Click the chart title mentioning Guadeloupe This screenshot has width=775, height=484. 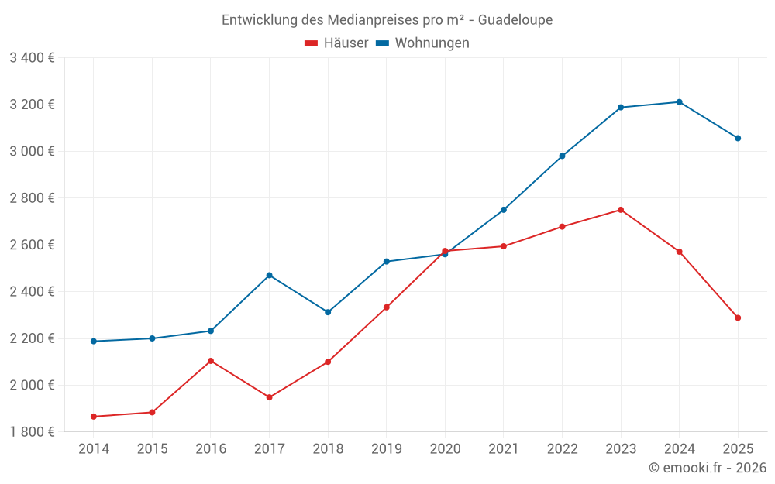[387, 20]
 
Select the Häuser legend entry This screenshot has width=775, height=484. [337, 43]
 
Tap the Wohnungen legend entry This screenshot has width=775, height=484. [423, 43]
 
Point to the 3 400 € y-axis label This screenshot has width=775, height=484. [33, 58]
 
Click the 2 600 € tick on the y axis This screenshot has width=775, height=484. [33, 245]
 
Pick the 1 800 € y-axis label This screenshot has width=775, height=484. [33, 432]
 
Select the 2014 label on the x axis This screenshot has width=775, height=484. [94, 449]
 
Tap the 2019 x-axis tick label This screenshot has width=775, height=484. [387, 449]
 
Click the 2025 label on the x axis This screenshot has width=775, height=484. [738, 449]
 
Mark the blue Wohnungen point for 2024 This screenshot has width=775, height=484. [679, 102]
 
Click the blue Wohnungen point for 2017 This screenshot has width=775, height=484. [269, 275]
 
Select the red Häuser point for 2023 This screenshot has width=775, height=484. [621, 210]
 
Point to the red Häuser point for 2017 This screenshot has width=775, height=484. [269, 397]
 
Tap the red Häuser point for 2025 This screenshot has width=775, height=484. [738, 318]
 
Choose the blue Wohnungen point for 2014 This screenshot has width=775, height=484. [94, 342]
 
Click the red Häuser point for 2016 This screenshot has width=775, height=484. [211, 361]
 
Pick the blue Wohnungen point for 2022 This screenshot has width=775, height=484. [562, 156]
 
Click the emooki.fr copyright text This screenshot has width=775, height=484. [707, 468]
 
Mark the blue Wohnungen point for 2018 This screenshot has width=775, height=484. [328, 312]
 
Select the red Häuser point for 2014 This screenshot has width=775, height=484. [94, 417]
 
